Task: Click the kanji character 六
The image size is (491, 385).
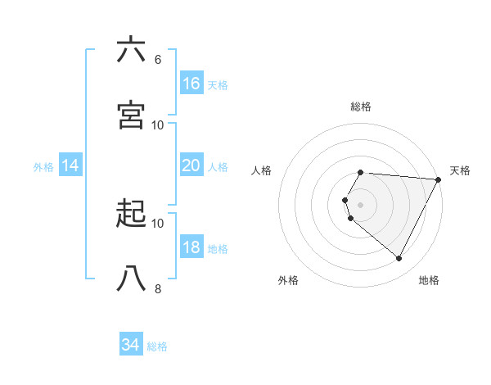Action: point(131,50)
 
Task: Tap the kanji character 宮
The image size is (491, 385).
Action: point(131,115)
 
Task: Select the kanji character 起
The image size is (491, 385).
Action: point(131,214)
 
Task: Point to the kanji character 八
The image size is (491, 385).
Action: point(131,279)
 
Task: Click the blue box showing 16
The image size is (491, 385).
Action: point(191,84)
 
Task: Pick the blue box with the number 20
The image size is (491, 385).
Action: point(191,165)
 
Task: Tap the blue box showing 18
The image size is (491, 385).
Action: point(191,247)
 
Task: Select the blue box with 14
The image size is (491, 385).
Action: point(70,165)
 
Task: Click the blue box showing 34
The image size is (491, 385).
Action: point(130,345)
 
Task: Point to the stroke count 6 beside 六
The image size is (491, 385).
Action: point(157,60)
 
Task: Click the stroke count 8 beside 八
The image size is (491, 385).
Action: point(157,289)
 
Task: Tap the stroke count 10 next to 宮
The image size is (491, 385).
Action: point(158,125)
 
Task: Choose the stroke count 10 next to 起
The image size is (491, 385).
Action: point(158,223)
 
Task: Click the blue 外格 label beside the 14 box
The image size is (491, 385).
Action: point(43,166)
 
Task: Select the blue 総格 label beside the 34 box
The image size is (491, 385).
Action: point(157,346)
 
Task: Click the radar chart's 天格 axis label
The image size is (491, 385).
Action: point(460,170)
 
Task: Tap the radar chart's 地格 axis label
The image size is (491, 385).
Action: point(429,280)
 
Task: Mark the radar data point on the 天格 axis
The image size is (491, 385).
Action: point(439,179)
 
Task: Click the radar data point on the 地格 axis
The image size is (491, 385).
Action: point(399,259)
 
